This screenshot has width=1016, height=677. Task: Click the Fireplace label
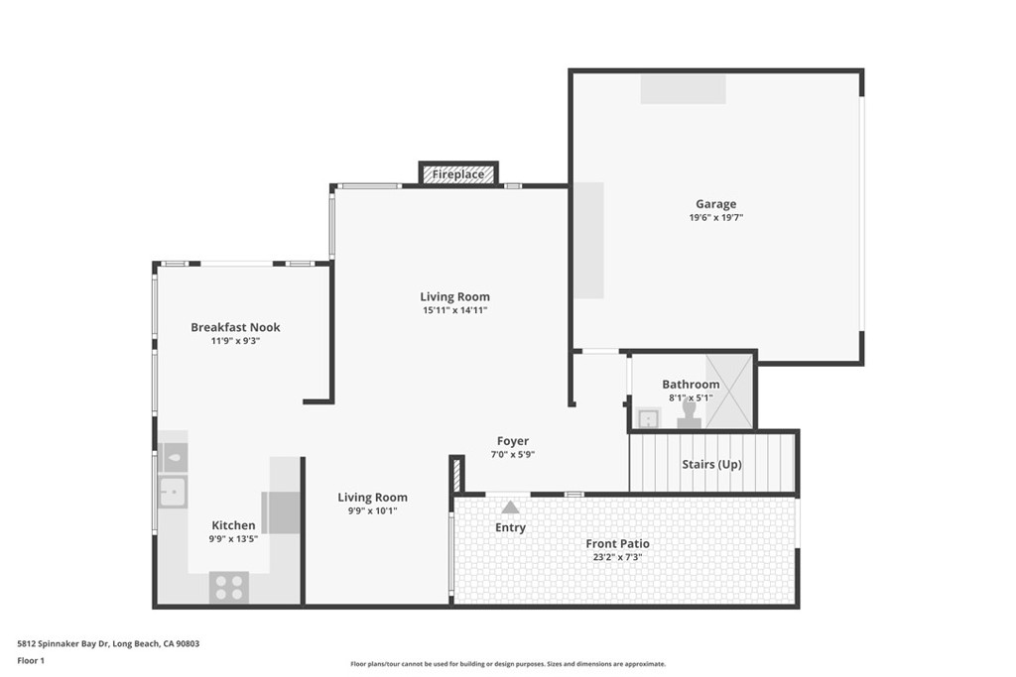coord(458,174)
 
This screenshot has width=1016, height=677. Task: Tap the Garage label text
coord(715,204)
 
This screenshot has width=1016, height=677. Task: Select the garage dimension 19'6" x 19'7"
coord(715,217)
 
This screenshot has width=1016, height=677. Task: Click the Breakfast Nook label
coord(235,327)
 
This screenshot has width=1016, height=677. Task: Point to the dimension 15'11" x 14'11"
coord(454,310)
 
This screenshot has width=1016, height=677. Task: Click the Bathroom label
coord(691,385)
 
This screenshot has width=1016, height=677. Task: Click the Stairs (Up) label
coord(711,464)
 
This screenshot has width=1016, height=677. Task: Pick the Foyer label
coord(513,441)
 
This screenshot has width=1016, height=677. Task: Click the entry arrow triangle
coord(510,508)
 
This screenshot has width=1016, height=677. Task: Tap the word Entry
coord(510,527)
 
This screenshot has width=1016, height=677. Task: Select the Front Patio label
coord(617,543)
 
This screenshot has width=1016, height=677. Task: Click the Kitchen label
coord(233,525)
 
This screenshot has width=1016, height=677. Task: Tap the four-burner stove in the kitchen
coord(229,587)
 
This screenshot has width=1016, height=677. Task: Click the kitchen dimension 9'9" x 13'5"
coord(233,539)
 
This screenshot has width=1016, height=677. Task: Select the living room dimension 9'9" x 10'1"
coord(372,511)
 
